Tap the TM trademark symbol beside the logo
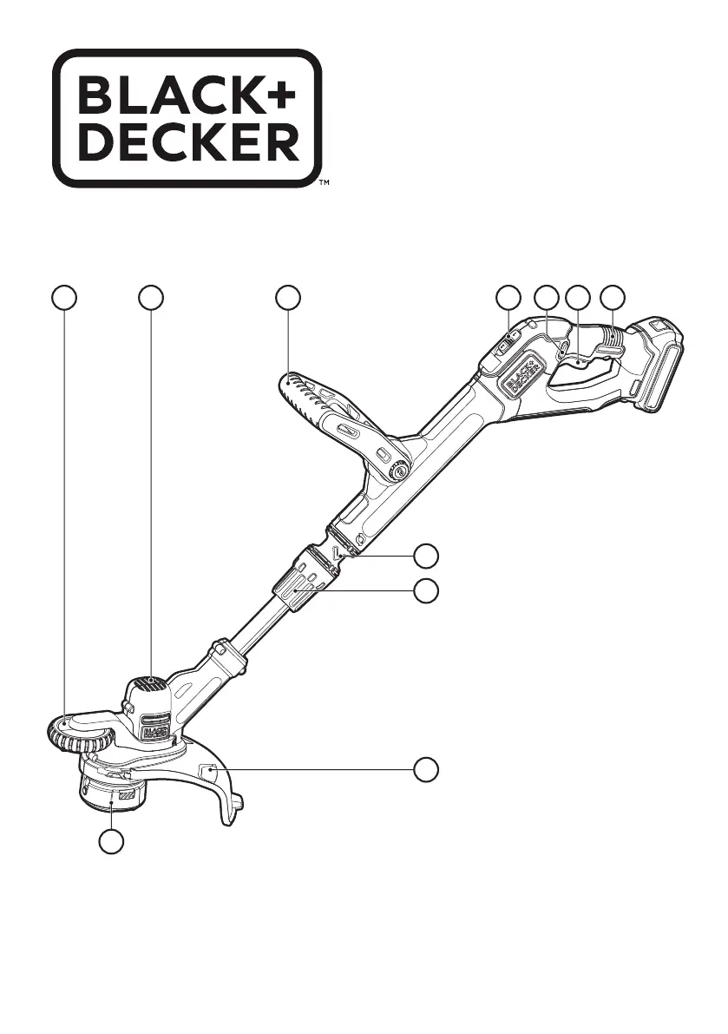pyautogui.click(x=323, y=184)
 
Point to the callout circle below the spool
pyautogui.click(x=110, y=841)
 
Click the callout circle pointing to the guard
pyautogui.click(x=425, y=769)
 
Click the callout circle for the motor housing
pyautogui.click(x=151, y=297)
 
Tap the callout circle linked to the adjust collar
pyautogui.click(x=425, y=592)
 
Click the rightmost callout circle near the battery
pyautogui.click(x=614, y=297)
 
